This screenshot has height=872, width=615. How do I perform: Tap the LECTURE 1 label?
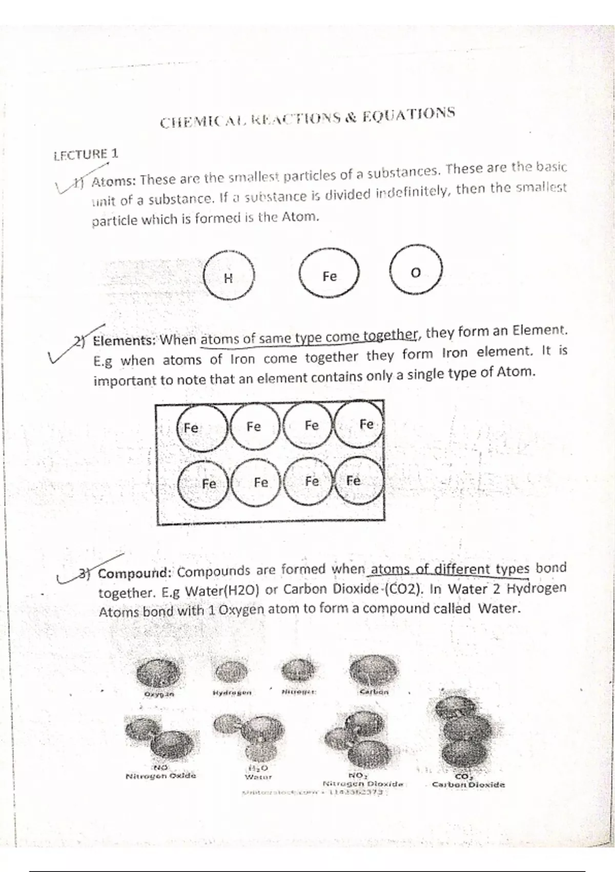(x=86, y=154)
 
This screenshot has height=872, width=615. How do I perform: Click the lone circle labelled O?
(x=416, y=272)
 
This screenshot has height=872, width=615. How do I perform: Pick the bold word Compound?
(x=136, y=573)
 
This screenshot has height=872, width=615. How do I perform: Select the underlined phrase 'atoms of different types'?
(x=450, y=569)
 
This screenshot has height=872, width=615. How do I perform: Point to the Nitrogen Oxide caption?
(x=160, y=776)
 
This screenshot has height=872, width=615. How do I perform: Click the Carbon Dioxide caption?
(x=468, y=784)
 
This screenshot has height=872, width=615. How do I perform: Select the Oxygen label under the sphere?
(x=159, y=695)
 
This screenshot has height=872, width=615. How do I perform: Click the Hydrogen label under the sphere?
(x=232, y=693)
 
